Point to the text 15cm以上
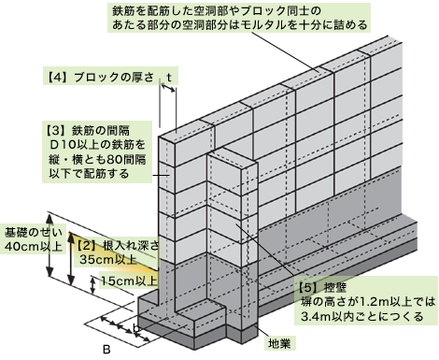click(x=129, y=281)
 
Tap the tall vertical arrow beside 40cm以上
click(x=71, y=262)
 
